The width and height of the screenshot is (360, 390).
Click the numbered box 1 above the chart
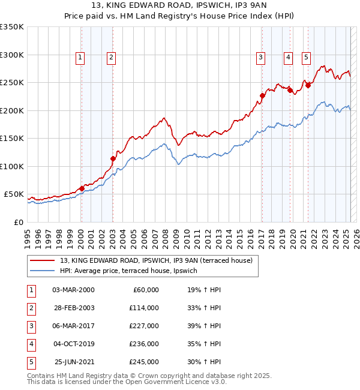tap(80, 58)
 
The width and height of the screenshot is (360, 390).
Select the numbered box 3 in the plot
tap(261, 58)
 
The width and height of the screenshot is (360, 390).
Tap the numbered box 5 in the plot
tap(306, 58)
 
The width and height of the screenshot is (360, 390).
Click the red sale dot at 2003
tap(113, 159)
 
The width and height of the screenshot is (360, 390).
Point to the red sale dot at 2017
tap(262, 95)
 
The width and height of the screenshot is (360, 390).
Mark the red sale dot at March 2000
tap(82, 188)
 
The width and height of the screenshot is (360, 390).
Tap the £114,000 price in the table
tap(144, 308)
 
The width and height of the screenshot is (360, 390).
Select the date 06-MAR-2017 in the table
tap(73, 326)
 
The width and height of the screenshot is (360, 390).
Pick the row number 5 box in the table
tap(31, 362)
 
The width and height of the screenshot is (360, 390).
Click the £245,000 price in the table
tap(144, 362)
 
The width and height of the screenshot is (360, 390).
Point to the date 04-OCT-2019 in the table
tap(73, 344)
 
